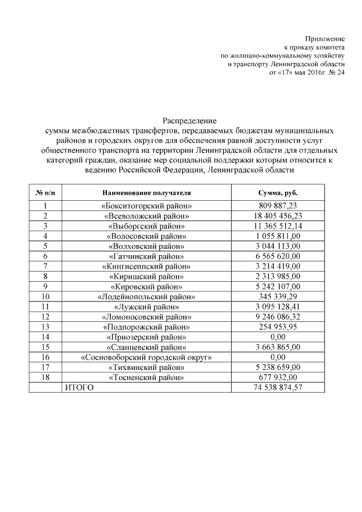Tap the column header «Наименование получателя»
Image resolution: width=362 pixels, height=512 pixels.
tap(146, 192)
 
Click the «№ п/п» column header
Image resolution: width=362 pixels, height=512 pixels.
tap(45, 192)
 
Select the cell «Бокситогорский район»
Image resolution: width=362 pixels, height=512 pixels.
tap(146, 206)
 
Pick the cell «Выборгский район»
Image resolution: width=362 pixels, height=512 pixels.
tap(146, 226)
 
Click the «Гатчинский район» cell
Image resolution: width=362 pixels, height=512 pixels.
tap(146, 256)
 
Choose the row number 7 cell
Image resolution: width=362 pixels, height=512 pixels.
tap(45, 266)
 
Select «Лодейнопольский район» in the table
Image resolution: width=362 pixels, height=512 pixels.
tap(146, 296)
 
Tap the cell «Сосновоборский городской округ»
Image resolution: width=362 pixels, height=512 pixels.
tap(146, 357)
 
